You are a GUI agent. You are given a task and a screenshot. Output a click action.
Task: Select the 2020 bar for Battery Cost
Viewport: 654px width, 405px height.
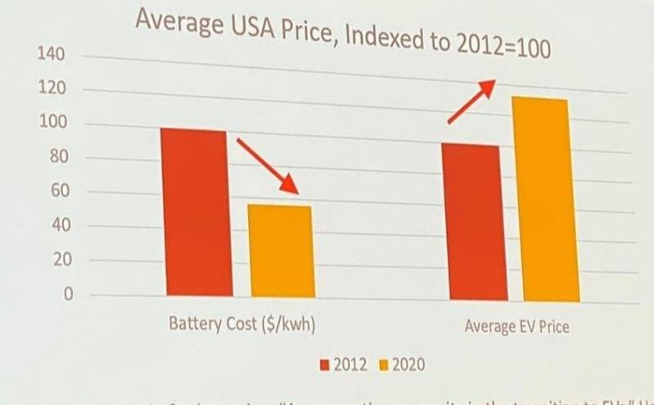[282, 250]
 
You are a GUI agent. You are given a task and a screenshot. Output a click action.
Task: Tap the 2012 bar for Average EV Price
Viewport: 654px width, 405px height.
[470, 221]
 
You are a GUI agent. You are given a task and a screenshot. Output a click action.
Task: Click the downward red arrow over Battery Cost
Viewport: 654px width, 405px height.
[267, 166]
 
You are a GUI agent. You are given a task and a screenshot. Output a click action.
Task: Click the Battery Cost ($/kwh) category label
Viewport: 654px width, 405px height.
[242, 323]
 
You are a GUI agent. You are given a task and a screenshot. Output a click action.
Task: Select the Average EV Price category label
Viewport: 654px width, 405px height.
[516, 326]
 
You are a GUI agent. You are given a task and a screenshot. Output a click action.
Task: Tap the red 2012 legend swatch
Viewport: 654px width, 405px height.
[327, 362]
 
